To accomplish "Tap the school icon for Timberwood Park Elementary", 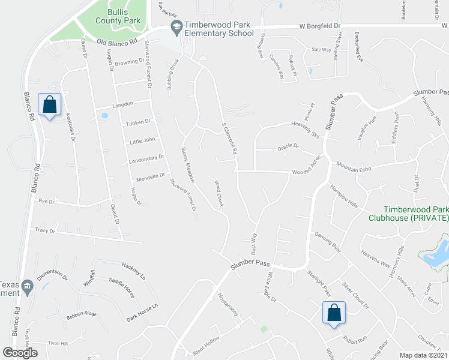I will [x=176, y=26].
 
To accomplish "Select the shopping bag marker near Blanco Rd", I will [x=49, y=106].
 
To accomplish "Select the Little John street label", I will [x=142, y=141].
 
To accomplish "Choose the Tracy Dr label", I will [x=45, y=230].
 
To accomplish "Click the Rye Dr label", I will [x=46, y=202].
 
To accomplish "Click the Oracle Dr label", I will [x=288, y=147].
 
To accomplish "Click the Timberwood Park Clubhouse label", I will [x=407, y=214].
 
